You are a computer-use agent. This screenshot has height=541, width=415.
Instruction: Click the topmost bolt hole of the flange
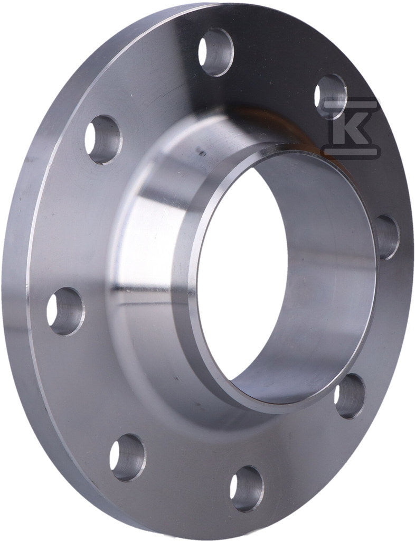coord(216,52)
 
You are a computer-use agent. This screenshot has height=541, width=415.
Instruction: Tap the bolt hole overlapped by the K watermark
coord(331,96)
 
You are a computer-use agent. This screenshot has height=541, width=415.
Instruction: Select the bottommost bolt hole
coord(247,489)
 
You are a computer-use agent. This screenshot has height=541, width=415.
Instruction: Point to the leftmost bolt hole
coord(65,312)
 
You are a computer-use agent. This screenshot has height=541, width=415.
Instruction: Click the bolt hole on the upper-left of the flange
coord(103,139)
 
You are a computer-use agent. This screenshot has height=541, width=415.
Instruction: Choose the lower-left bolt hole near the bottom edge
coord(128,458)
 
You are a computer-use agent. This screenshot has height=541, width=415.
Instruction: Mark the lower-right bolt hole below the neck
coord(350,396)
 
